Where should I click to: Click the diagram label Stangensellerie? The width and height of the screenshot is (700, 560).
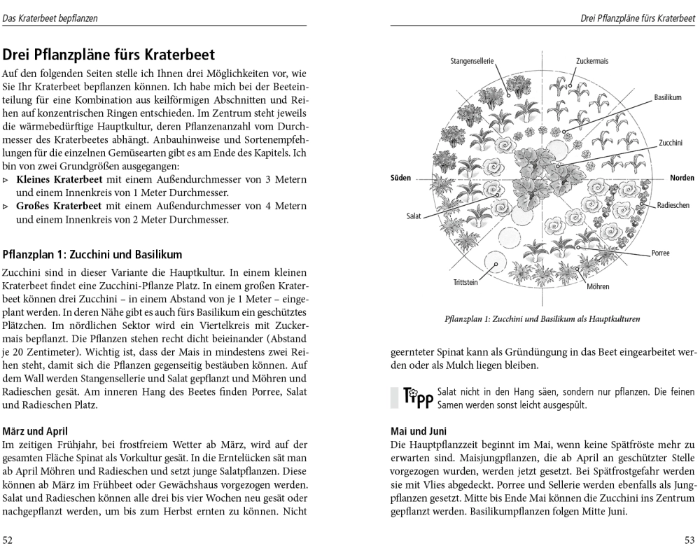point(472,62)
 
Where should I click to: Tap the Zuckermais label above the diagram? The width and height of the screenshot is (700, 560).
point(592,62)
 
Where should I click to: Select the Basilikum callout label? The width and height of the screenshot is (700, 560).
point(668,98)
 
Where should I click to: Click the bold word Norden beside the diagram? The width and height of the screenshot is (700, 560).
point(682,178)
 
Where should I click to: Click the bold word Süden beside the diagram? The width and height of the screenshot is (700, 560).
point(400,178)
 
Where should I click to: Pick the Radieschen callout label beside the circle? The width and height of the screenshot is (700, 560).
point(673,205)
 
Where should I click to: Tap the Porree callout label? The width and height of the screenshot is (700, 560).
point(660,253)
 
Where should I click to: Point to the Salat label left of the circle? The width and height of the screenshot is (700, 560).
point(414,216)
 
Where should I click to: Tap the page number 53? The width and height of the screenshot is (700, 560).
point(689,540)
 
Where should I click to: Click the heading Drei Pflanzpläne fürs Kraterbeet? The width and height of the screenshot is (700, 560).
point(109,54)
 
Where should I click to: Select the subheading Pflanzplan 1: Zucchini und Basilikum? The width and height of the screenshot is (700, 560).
point(92,254)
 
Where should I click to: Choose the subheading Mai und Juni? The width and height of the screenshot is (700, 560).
point(419,431)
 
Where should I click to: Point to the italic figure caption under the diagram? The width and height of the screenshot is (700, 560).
point(542,319)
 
